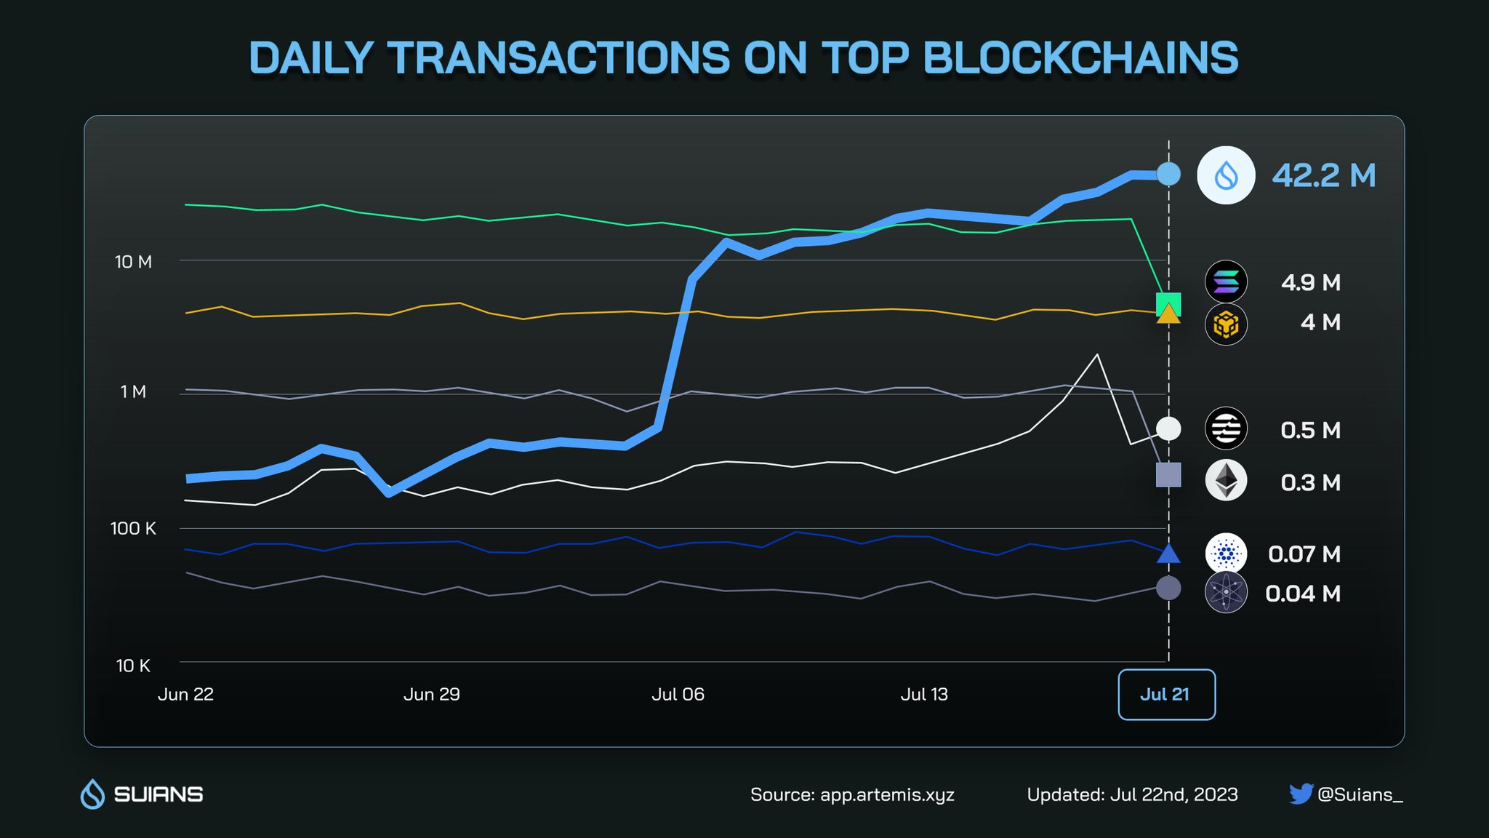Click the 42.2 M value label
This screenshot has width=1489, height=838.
coord(1323,175)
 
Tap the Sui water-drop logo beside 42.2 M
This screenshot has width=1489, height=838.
coord(1226,175)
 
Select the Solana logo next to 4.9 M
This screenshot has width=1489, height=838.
coord(1226,282)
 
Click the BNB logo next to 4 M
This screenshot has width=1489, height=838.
coord(1226,324)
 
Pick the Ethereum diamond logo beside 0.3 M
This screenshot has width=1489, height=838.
coord(1226,481)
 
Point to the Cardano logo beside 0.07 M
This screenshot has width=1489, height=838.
coord(1226,554)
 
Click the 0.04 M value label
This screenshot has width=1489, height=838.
coord(1303,594)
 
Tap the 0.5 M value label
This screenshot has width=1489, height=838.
coord(1310,430)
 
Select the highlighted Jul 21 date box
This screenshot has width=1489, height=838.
coord(1166,695)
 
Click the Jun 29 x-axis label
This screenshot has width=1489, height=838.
coord(431,695)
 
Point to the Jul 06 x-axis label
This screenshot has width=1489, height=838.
coord(678,695)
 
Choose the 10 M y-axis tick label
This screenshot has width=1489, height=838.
coord(134,262)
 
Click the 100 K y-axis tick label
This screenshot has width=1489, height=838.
coord(133,529)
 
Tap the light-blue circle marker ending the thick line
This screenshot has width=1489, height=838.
coord(1168,174)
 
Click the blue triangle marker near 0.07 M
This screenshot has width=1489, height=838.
coord(1168,555)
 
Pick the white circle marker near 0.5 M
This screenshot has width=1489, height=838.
coord(1168,429)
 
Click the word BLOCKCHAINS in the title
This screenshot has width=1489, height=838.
coord(1080,58)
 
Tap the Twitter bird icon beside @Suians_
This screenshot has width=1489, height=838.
coord(1300,794)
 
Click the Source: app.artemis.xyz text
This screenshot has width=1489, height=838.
coord(852,794)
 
